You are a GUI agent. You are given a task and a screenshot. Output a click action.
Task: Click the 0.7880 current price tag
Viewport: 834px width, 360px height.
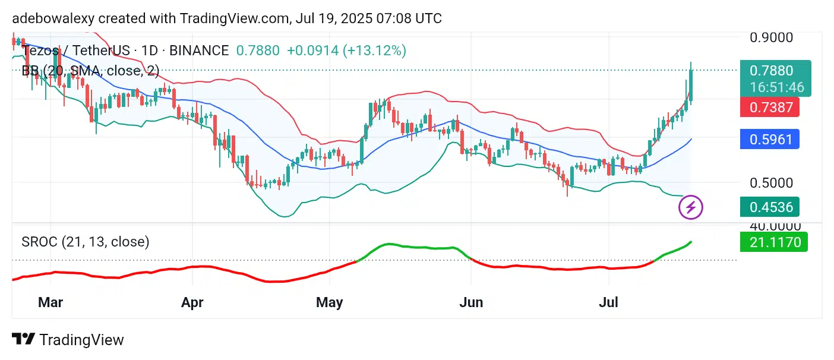tap(771, 71)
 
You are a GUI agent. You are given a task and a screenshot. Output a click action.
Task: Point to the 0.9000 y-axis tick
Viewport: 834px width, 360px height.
tap(771, 37)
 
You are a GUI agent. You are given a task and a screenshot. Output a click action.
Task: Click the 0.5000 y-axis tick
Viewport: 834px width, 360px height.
tap(771, 182)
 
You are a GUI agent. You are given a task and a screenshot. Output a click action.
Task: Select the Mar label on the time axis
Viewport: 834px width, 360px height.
tap(50, 302)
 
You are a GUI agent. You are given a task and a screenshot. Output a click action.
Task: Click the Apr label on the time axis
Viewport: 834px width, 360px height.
tap(192, 302)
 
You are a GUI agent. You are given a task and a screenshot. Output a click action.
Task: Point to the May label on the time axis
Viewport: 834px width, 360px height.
tap(329, 302)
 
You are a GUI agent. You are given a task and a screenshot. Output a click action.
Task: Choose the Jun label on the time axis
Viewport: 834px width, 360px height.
tap(471, 302)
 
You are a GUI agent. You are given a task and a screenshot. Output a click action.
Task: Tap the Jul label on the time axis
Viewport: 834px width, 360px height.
tap(609, 302)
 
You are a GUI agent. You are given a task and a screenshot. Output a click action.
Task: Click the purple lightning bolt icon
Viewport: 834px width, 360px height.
tap(691, 207)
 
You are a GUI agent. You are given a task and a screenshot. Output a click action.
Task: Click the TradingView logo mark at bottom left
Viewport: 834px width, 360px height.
tap(23, 340)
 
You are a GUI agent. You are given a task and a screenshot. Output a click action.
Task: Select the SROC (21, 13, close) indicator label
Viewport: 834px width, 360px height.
tap(86, 242)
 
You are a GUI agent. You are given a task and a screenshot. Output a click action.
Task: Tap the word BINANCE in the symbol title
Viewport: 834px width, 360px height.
tap(199, 50)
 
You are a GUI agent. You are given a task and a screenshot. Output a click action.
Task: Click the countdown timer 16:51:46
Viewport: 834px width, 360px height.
tap(777, 87)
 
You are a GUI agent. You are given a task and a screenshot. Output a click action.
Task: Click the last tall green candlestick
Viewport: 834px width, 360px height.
tap(691, 86)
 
